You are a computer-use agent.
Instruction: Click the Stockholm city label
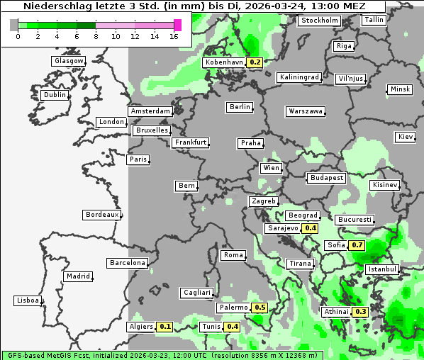pos(319,21)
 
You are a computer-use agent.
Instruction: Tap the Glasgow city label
pos(69,61)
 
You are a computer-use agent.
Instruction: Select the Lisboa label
pos(27,300)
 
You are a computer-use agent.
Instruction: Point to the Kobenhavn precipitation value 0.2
pos(255,62)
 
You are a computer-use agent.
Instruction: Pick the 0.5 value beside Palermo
pos(260,308)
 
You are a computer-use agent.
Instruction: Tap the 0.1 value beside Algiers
pos(165,327)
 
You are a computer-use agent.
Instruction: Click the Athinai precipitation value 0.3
pos(360,312)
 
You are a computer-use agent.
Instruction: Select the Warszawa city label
pos(306,111)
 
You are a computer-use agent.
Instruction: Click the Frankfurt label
pos(190,142)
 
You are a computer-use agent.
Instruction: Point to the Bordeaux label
pos(101,215)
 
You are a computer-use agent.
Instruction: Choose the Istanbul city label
pos(382,269)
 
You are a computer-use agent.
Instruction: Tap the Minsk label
pos(399,89)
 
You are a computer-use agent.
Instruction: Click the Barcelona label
pos(128,263)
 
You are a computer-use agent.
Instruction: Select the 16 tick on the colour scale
pos(174,35)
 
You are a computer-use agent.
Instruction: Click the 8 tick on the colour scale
pos(95,35)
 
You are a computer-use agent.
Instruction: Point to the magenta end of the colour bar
pos(177,25)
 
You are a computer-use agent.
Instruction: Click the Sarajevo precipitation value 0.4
pos(310,228)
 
